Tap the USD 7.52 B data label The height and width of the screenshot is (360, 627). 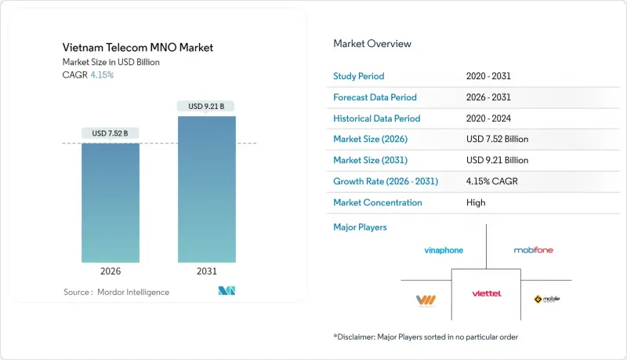pos(111,133)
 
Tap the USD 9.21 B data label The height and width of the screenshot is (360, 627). pos(207,106)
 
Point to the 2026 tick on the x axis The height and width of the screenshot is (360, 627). pos(111,271)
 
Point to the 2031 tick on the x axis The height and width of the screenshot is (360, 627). pos(207,271)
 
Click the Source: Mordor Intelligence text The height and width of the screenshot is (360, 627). pos(116,292)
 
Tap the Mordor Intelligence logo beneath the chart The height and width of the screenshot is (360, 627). pos(227,292)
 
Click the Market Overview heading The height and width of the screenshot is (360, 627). pos(372,43)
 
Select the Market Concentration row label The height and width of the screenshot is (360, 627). pos(378,202)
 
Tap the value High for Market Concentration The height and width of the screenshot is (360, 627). pos(475,202)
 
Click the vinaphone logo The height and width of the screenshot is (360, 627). pos(444,250)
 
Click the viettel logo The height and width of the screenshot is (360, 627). pos(487,293)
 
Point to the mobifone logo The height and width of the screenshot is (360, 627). pos(533,250)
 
